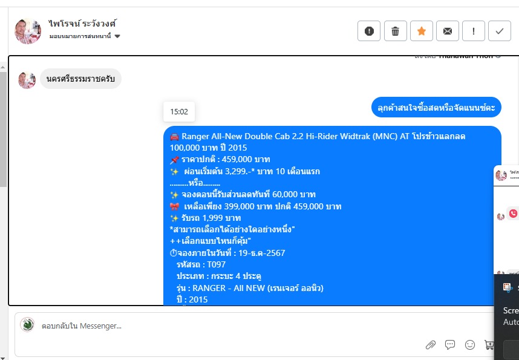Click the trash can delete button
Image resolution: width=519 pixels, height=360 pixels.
(x=395, y=31)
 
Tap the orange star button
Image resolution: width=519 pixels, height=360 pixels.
(x=421, y=31)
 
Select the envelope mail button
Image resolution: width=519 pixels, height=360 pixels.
(x=448, y=31)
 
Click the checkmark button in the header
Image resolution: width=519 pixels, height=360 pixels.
(x=500, y=31)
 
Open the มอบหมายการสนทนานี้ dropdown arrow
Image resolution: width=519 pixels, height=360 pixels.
(x=117, y=36)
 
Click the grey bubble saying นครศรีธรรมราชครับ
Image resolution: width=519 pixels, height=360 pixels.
(x=80, y=79)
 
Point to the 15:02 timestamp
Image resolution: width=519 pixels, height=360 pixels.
(x=179, y=111)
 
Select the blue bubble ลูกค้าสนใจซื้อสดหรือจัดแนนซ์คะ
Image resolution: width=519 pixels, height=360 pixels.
(x=436, y=107)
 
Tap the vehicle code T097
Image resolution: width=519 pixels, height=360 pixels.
(x=217, y=264)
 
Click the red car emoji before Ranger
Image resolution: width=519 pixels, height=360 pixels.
(x=174, y=137)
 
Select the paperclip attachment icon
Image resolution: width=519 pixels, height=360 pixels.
(x=431, y=345)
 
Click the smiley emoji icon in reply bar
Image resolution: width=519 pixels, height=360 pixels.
(x=470, y=345)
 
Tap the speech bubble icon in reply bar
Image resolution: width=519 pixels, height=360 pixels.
(x=450, y=345)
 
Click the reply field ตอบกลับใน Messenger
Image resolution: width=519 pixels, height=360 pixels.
(x=181, y=326)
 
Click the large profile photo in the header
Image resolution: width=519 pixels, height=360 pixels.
(x=28, y=31)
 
